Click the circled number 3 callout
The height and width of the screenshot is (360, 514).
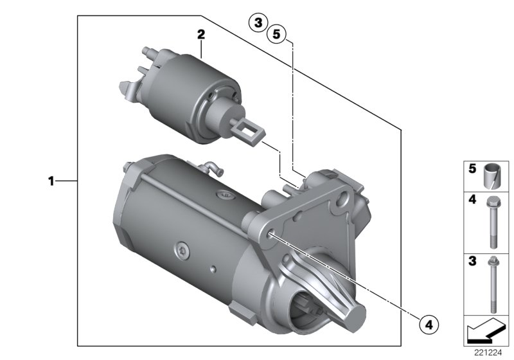(258, 23)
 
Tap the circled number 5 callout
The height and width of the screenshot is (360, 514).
(277, 34)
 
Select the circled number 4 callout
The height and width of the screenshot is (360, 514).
(429, 324)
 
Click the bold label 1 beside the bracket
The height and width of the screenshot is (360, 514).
(51, 181)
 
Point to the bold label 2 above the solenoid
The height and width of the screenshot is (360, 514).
(201, 34)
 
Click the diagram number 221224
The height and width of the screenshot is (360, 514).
(488, 353)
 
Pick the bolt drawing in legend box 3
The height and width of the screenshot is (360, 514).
(493, 284)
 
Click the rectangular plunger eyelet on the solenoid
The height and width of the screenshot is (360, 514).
(249, 130)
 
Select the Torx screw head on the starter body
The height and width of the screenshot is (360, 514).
(182, 251)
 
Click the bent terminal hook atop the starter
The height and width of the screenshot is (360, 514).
(213, 168)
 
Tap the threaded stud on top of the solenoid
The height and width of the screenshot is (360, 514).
(148, 53)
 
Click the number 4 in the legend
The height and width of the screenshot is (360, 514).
(472, 200)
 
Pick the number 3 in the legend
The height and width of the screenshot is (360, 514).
(472, 261)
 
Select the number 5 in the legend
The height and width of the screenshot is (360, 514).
(472, 169)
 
